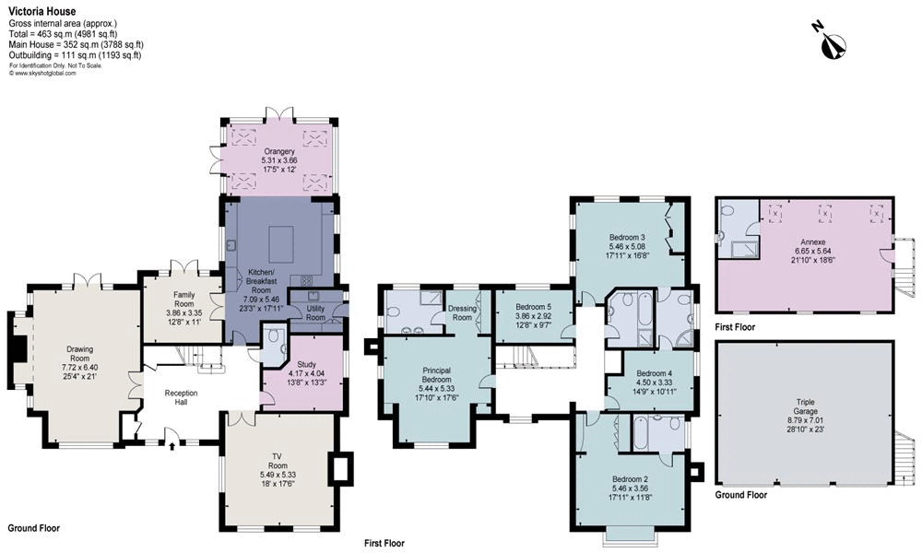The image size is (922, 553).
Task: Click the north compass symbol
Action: tap(834, 41)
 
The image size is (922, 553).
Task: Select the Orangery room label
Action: tap(278, 152)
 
